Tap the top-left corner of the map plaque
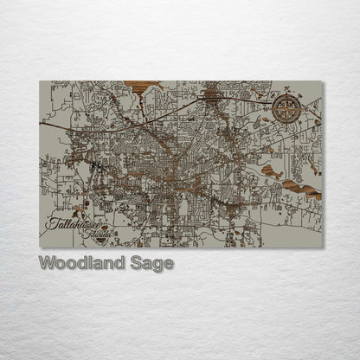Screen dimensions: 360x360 (40, 81)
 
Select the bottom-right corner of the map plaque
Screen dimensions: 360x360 (323, 248)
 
